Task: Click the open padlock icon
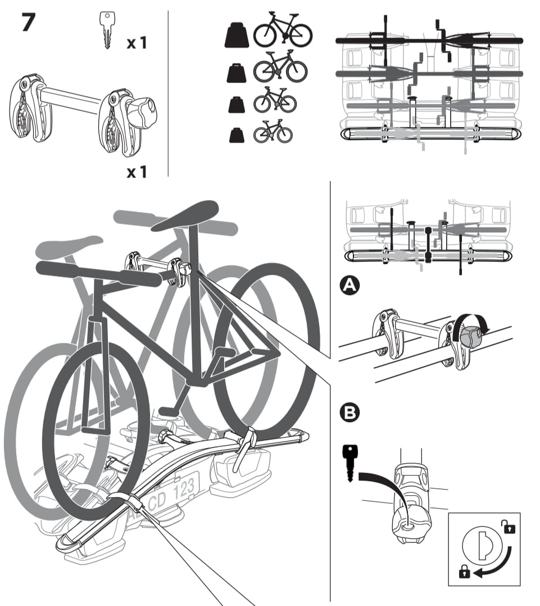tap(509, 527)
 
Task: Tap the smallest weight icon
tap(236, 135)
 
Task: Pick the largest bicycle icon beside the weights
tap(283, 31)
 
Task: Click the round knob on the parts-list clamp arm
tap(142, 110)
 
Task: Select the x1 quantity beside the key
tap(136, 43)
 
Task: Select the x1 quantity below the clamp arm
tap(136, 171)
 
